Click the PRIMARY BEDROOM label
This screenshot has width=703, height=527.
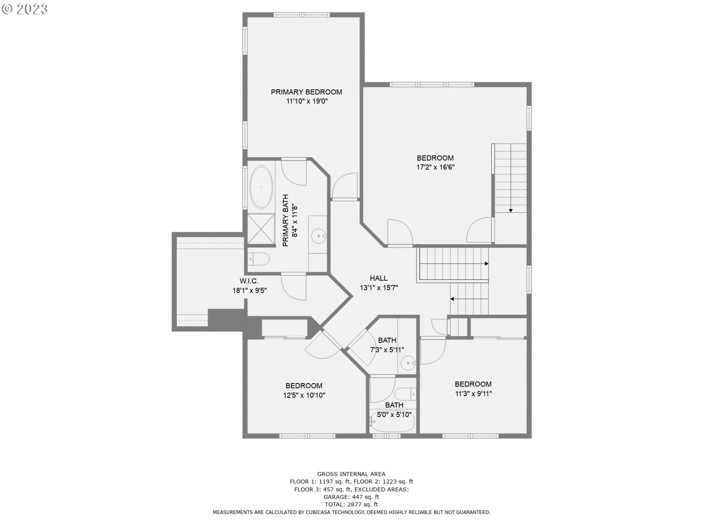pyautogui.click(x=306, y=92)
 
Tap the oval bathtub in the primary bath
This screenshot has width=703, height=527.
pyautogui.click(x=261, y=187)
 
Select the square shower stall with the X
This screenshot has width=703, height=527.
pyautogui.click(x=261, y=229)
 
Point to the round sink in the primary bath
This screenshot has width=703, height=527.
pyautogui.click(x=319, y=236)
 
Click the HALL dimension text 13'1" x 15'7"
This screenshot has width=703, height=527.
pyautogui.click(x=379, y=288)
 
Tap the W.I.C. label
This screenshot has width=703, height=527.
pyautogui.click(x=249, y=281)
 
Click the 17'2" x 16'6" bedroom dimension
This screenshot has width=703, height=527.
pyautogui.click(x=435, y=168)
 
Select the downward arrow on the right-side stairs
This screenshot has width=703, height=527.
pyautogui.click(x=510, y=210)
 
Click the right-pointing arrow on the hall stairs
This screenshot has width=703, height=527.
pyautogui.click(x=486, y=263)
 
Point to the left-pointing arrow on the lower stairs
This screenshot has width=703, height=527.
pyautogui.click(x=452, y=299)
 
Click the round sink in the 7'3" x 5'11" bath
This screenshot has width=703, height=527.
pyautogui.click(x=407, y=363)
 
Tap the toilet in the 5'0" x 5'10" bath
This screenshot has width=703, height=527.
pyautogui.click(x=405, y=395)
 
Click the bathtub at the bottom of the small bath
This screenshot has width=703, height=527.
pyautogui.click(x=392, y=425)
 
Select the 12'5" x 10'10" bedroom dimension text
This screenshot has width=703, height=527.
pyautogui.click(x=304, y=395)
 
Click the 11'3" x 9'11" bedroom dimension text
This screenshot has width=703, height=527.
pyautogui.click(x=473, y=394)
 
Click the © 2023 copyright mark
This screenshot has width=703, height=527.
pyautogui.click(x=25, y=9)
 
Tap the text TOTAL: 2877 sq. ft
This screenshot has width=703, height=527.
pyautogui.click(x=351, y=505)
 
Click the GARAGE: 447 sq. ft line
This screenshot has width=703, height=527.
pyautogui.click(x=351, y=497)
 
